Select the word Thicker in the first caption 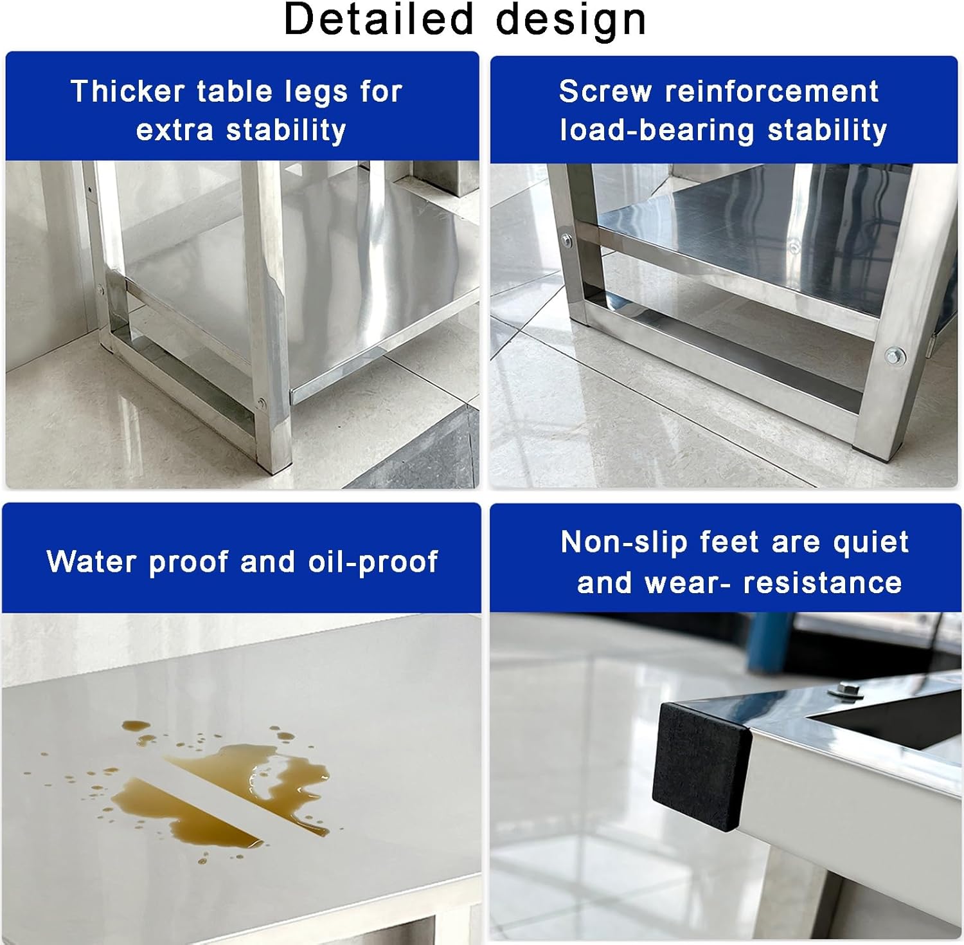point(128,91)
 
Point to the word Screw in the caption point(605,91)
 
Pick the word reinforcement point(771,91)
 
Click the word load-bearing point(657,131)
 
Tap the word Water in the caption point(92,562)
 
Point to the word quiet point(871,543)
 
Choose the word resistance point(823,583)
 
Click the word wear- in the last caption point(687,583)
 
